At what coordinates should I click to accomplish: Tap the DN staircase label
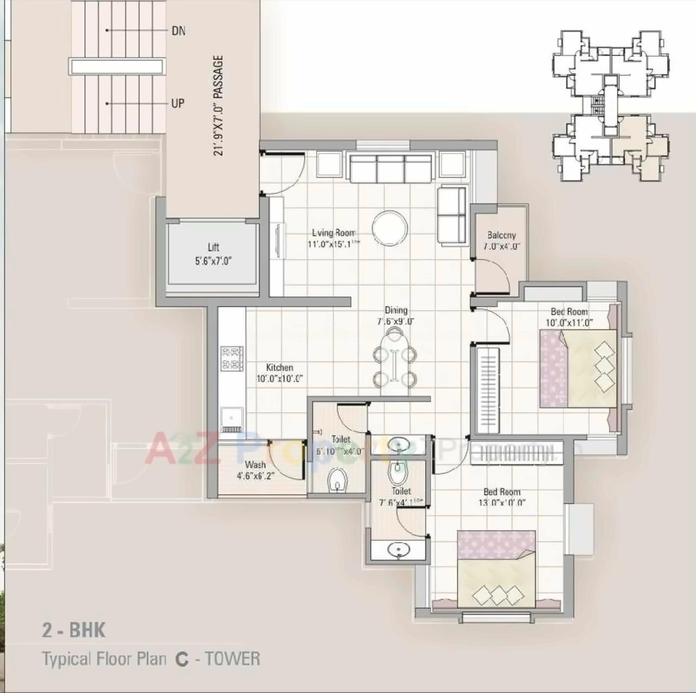click(x=178, y=31)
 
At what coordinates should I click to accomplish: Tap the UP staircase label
click(x=178, y=103)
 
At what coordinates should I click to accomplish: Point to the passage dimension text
click(x=219, y=106)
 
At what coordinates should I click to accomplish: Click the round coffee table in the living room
click(x=390, y=228)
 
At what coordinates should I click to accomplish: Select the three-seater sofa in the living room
click(x=390, y=169)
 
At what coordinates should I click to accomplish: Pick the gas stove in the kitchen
click(x=232, y=358)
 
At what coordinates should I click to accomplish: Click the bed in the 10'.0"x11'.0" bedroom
click(x=578, y=368)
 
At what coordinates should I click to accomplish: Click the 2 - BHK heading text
click(x=74, y=630)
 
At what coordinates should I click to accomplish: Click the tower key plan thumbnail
click(x=611, y=106)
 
